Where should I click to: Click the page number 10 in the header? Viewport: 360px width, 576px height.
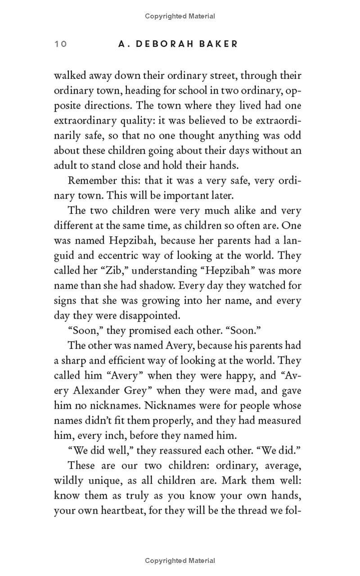point(60,44)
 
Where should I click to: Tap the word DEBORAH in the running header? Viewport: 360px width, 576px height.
point(171,44)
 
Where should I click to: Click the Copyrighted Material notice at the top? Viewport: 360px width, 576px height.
point(180,16)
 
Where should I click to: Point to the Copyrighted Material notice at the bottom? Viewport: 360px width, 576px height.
point(180,561)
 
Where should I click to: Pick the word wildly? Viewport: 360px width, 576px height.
point(68,481)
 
